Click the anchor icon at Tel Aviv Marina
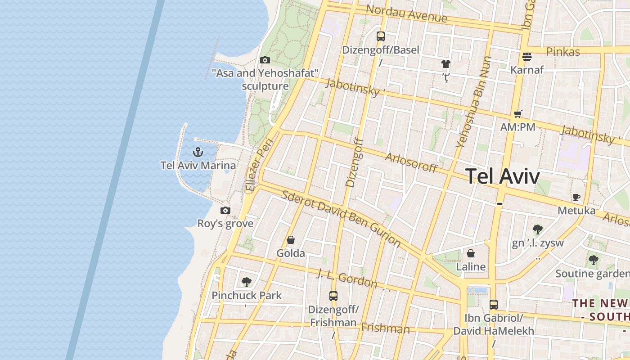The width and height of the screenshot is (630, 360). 198,152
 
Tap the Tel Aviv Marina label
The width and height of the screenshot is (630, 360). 198,166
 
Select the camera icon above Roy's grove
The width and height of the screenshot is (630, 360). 225,210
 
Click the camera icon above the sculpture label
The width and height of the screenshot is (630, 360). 265,60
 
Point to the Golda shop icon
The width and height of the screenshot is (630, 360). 291,240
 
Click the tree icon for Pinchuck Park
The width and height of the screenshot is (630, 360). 246,282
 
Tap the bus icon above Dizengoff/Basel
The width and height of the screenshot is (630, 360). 381,36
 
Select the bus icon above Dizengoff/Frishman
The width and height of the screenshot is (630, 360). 333,296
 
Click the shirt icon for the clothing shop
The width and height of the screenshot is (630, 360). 446,64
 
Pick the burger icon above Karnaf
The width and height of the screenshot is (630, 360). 527,57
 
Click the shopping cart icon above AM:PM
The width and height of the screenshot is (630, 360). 518,114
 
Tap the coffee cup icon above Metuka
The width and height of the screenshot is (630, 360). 576,197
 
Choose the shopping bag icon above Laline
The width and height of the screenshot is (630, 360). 471,253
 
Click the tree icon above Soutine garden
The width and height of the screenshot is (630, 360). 594,260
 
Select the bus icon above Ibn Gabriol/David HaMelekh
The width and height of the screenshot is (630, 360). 494,304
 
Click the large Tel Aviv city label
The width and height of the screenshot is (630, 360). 502,176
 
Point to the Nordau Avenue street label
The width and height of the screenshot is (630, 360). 406,13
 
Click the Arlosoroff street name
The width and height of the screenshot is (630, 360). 411,162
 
